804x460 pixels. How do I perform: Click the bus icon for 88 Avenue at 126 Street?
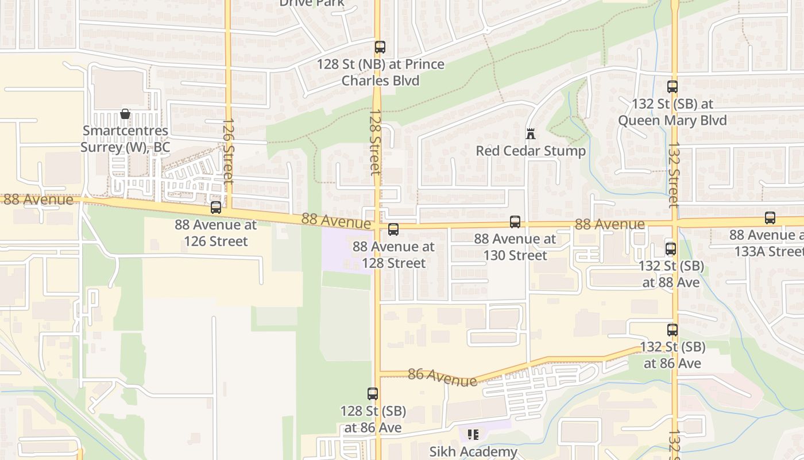pyautogui.click(x=216, y=208)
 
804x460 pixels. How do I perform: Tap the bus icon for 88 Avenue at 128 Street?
pyautogui.click(x=393, y=229)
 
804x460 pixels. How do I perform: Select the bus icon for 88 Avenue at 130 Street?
pyautogui.click(x=515, y=222)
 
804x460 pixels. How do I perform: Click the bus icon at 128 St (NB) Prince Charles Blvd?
pyautogui.click(x=380, y=47)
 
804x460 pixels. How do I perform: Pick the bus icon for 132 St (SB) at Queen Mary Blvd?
pyautogui.click(x=672, y=87)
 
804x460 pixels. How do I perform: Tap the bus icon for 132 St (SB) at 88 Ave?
pyautogui.click(x=671, y=249)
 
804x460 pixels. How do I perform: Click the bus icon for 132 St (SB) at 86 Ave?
pyautogui.click(x=672, y=330)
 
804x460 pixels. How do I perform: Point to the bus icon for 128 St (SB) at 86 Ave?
pyautogui.click(x=373, y=394)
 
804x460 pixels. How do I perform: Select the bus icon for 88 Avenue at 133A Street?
pyautogui.click(x=770, y=218)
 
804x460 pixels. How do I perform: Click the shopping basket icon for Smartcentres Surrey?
pyautogui.click(x=125, y=114)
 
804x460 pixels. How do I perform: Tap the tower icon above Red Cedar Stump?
pyautogui.click(x=531, y=134)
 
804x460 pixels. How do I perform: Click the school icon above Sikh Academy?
pyautogui.click(x=473, y=435)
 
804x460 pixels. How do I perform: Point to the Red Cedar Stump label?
pyautogui.click(x=531, y=151)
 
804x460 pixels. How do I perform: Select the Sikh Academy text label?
pyautogui.click(x=473, y=452)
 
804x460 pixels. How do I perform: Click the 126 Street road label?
pyautogui.click(x=228, y=151)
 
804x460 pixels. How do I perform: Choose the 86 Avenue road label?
pyautogui.click(x=442, y=377)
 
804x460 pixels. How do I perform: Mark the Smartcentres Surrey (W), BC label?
pyautogui.click(x=125, y=139)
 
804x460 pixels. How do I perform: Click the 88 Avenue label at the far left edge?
pyautogui.click(x=38, y=200)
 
